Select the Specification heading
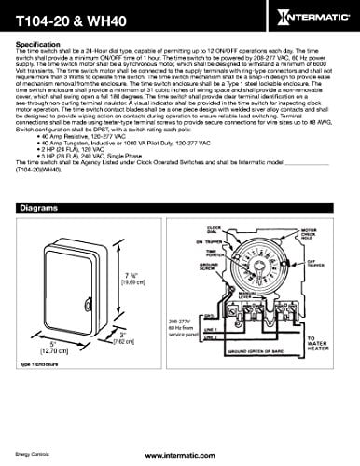click(x=39, y=44)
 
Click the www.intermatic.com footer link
click(x=180, y=457)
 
